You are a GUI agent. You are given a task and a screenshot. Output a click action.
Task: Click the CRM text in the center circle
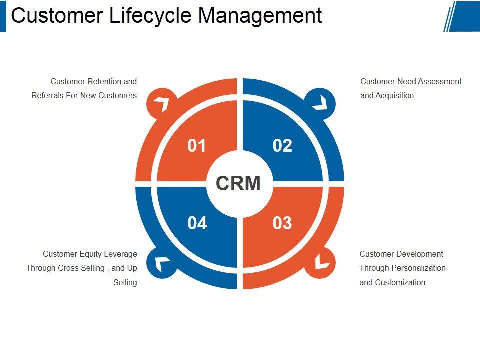(x=238, y=183)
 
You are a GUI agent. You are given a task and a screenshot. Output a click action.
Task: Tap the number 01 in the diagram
(x=197, y=145)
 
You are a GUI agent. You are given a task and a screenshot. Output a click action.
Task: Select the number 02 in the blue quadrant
(x=282, y=145)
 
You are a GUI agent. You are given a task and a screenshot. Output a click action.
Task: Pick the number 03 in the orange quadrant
(x=282, y=223)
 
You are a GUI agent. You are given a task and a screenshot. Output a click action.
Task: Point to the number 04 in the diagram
(x=197, y=223)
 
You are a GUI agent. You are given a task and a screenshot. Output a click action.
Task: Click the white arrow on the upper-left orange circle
(x=161, y=104)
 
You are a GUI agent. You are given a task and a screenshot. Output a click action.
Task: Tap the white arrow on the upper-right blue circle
(x=320, y=103)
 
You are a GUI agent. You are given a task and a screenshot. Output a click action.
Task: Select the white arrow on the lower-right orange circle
(x=321, y=262)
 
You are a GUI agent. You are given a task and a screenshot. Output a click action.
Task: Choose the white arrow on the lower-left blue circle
(x=162, y=263)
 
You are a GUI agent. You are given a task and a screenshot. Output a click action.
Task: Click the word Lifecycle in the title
(x=150, y=15)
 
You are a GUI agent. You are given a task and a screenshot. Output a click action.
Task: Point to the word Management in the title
(x=260, y=15)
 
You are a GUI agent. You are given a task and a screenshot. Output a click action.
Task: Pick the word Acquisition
(x=394, y=96)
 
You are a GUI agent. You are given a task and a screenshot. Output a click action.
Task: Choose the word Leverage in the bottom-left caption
(x=120, y=254)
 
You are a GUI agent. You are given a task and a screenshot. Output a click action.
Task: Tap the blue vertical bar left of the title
(x=3, y=15)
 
